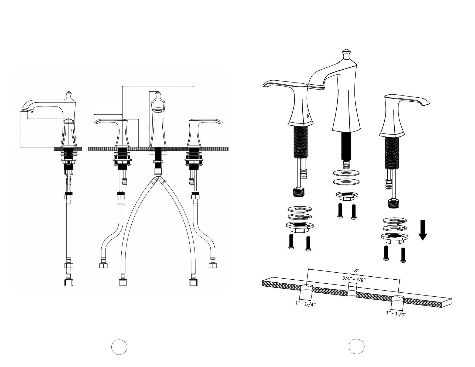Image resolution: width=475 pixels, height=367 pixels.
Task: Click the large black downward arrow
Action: click(423, 230)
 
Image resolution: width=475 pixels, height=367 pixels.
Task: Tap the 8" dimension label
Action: click(357, 270)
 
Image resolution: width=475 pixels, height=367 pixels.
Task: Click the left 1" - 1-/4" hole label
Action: click(305, 303)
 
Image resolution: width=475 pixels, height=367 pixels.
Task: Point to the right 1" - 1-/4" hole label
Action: click(396, 313)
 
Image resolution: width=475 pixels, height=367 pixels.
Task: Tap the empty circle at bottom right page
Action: click(356, 347)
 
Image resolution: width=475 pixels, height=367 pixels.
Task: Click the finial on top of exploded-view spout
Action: click(346, 54)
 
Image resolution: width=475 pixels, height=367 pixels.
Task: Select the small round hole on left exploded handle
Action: click(308, 116)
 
